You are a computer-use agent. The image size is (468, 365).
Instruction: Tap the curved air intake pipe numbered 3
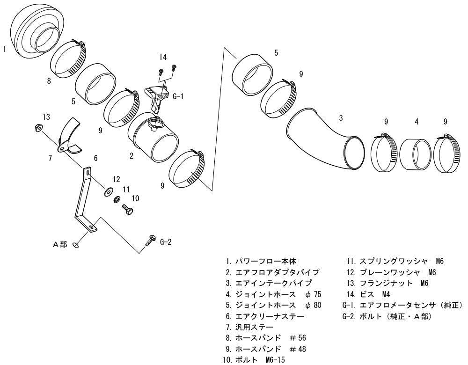(x=325, y=140)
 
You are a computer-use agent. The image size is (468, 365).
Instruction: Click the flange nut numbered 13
(x=38, y=128)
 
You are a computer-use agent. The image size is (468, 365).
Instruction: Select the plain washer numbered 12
(x=108, y=192)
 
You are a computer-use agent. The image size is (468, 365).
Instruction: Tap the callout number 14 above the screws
(x=163, y=57)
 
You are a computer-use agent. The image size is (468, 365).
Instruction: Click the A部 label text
(x=60, y=245)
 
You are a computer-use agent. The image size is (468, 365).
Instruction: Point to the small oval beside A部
(x=76, y=245)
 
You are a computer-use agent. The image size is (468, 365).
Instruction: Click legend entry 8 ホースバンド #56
(x=266, y=338)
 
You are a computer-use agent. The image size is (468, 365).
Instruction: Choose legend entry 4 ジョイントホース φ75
(x=274, y=294)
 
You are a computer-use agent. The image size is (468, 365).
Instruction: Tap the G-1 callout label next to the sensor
(x=178, y=96)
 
